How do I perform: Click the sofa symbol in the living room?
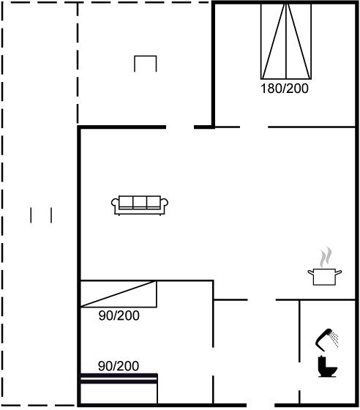[x=140, y=205]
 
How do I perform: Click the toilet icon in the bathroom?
[x=327, y=367]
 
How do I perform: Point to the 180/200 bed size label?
[x=285, y=89]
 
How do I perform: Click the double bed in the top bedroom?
[x=286, y=41]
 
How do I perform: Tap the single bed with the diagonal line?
[x=119, y=294]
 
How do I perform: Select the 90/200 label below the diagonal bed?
[x=119, y=316]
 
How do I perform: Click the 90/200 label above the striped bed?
[x=119, y=366]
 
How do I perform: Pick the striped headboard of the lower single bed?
[x=119, y=379]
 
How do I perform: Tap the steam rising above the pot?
[x=326, y=257]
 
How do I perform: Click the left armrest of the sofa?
[x=115, y=204]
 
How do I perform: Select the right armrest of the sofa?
[x=164, y=204]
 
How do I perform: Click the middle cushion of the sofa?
[x=140, y=202]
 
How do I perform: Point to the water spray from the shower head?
[x=334, y=339]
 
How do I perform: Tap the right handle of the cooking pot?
[x=339, y=272]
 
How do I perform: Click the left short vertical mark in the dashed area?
[x=31, y=215]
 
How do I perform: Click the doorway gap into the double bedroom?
[x=254, y=127]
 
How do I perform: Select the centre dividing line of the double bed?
[x=286, y=41]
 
